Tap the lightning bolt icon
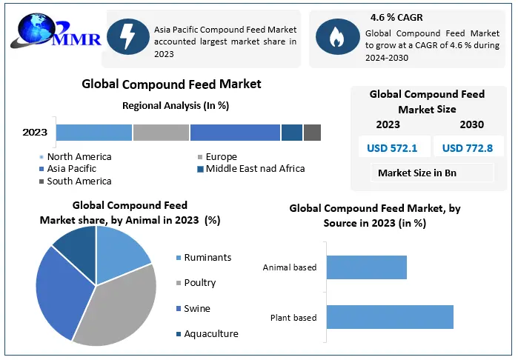[x=127, y=36]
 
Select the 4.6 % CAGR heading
[x=396, y=16]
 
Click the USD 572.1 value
[x=392, y=148]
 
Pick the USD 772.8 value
[x=467, y=148]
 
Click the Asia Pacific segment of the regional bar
[x=235, y=133]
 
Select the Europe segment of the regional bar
[x=161, y=133]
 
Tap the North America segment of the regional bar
[x=94, y=133]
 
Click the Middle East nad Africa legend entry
[x=254, y=169]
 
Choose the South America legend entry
[x=79, y=181]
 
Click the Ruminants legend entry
[x=207, y=258]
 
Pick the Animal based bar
[x=366, y=267]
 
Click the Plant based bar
[x=389, y=317]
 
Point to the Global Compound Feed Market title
[x=171, y=84]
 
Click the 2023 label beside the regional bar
[x=35, y=133]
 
